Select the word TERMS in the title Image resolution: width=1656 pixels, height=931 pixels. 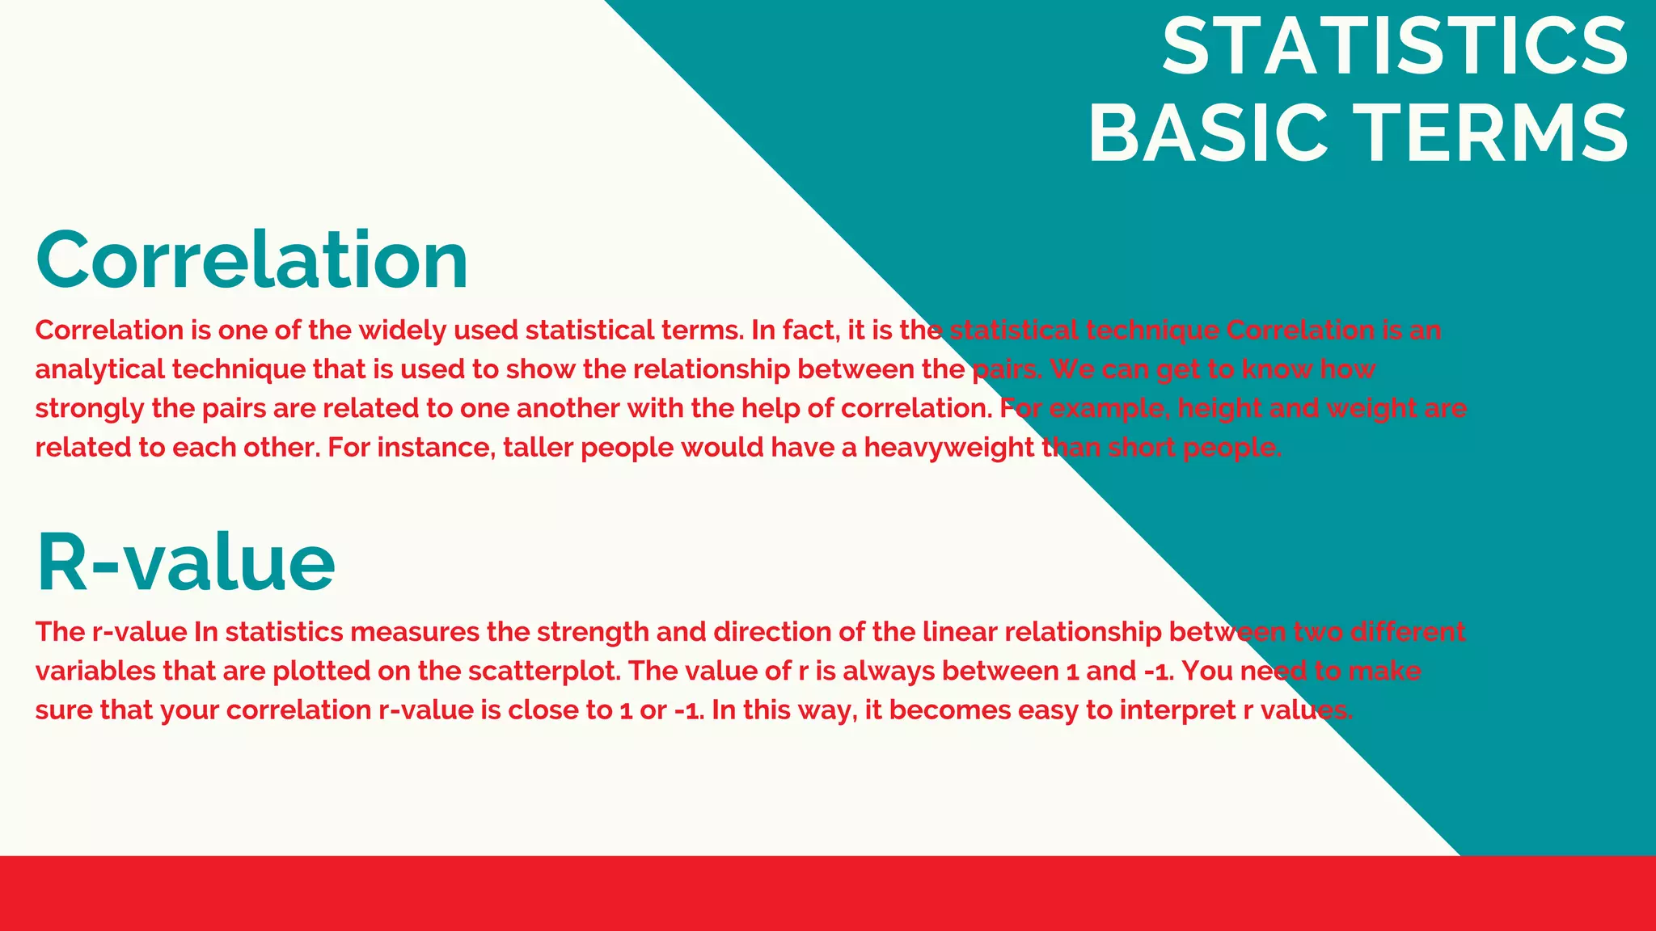click(x=1492, y=134)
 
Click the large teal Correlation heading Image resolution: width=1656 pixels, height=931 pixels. click(x=251, y=260)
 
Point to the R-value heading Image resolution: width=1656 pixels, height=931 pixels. click(x=185, y=563)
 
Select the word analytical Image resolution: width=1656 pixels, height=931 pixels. click(x=99, y=370)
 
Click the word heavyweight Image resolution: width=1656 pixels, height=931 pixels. click(x=948, y=448)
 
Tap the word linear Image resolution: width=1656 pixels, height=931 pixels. click(x=959, y=632)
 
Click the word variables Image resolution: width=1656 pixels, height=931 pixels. click(x=95, y=672)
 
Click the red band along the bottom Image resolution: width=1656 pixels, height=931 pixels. click(x=828, y=893)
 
